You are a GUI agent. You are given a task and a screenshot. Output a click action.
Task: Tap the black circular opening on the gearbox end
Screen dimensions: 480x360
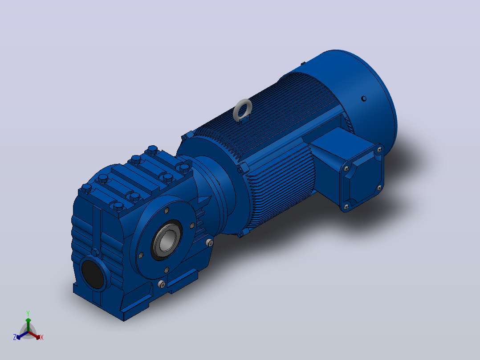[x=93, y=274]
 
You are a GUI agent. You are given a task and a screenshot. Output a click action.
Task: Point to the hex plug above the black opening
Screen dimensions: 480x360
[x=95, y=253]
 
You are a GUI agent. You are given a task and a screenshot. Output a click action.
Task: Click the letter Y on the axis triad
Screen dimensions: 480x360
[x=28, y=314]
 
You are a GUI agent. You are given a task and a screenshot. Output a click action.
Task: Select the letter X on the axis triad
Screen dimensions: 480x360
[x=42, y=337]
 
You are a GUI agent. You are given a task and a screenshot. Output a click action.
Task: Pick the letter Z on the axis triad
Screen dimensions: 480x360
[x=14, y=337]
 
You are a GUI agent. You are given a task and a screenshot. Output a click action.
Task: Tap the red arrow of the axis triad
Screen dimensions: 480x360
[x=35, y=335]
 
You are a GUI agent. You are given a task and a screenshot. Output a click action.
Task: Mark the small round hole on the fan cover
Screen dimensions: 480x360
[x=364, y=98]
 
